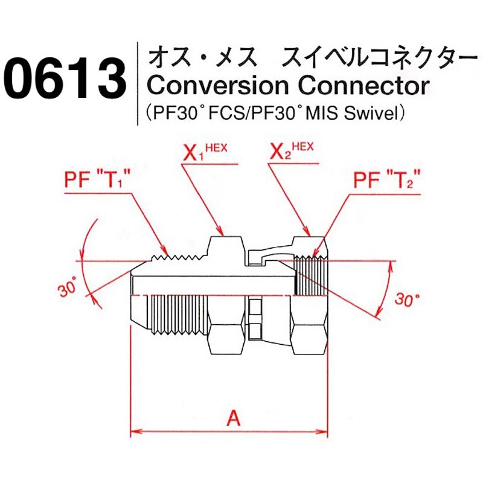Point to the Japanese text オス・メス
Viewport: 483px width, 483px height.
coord(200,59)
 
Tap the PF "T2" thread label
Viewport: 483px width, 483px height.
coord(386,180)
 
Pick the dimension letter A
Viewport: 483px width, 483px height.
coord(233,418)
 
